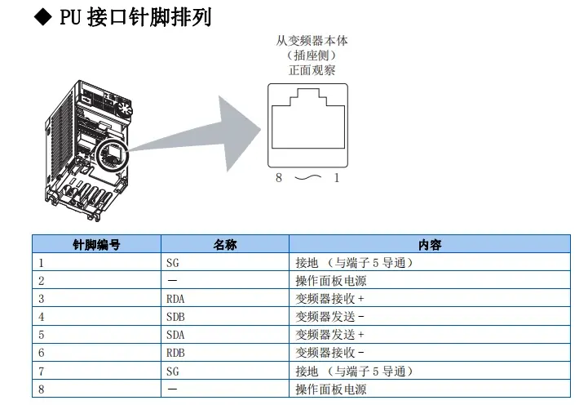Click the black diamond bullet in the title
(x=42, y=17)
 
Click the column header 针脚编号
(x=96, y=245)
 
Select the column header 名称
(x=225, y=245)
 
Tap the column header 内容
(x=430, y=245)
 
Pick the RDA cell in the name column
(x=175, y=299)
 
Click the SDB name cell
(x=175, y=317)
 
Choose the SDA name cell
(x=175, y=335)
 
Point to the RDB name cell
(x=175, y=353)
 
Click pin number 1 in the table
(x=42, y=263)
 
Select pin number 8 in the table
(x=42, y=389)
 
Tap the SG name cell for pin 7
(x=173, y=372)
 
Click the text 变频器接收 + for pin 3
(x=329, y=299)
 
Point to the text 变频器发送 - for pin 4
(x=329, y=317)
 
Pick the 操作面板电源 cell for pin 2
(x=331, y=281)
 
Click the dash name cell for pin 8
(x=172, y=389)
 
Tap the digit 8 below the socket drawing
(x=279, y=177)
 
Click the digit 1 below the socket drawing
(x=337, y=177)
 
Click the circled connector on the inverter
(x=113, y=154)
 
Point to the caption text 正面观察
(x=312, y=70)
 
